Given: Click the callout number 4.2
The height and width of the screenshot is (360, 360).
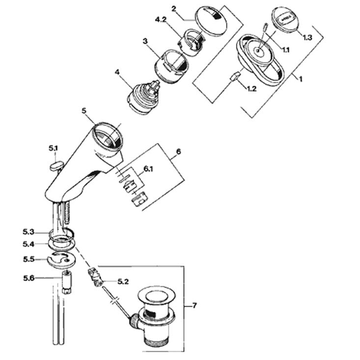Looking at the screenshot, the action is pyautogui.click(x=161, y=20).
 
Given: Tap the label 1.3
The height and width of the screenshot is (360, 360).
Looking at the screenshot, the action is pyautogui.click(x=307, y=37).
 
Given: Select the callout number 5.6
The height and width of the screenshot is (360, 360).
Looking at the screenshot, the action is pyautogui.click(x=28, y=278).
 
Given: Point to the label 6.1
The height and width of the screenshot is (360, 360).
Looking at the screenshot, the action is pyautogui.click(x=148, y=169).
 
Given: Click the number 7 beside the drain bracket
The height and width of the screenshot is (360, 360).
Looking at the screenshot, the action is pyautogui.click(x=194, y=305).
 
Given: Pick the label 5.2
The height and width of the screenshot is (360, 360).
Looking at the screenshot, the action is pyautogui.click(x=123, y=281).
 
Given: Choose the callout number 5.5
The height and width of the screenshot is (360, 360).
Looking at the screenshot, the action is pyautogui.click(x=28, y=259).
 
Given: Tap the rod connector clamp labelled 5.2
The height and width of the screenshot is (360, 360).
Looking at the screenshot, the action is pyautogui.click(x=95, y=276).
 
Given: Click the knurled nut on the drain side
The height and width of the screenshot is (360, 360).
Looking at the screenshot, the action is pyautogui.click(x=134, y=321).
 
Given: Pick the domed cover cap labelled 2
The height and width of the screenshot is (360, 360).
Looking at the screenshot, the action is pyautogui.click(x=211, y=21).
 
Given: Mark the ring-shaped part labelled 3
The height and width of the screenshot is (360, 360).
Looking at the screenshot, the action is pyautogui.click(x=171, y=66).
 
